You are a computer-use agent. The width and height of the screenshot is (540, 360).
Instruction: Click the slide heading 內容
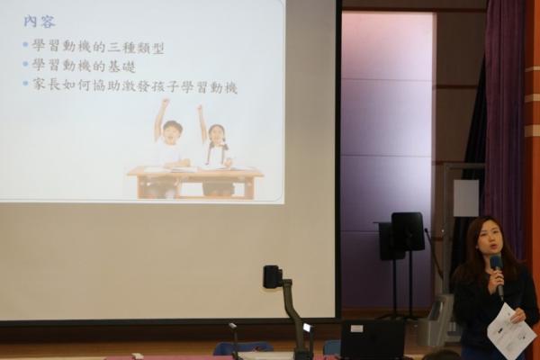40,22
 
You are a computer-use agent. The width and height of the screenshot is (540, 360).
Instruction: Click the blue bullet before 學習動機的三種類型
25,44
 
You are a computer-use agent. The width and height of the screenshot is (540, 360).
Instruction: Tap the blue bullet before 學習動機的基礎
25,64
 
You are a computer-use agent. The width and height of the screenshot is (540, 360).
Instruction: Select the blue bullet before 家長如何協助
25,83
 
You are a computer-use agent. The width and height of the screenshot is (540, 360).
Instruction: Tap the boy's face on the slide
171,132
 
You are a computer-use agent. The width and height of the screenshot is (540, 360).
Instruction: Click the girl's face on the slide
216,137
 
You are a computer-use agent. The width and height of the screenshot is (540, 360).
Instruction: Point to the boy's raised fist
166,102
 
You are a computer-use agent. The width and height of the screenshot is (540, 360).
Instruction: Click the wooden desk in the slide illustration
195,182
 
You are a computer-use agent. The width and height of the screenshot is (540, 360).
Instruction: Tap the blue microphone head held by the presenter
496,263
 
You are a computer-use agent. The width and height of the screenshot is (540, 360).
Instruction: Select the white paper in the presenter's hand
511,328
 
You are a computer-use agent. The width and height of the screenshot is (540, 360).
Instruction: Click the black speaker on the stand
408,231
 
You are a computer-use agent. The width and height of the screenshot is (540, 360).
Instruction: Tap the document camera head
273,276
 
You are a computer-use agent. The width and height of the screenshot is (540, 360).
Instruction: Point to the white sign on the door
465,198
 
